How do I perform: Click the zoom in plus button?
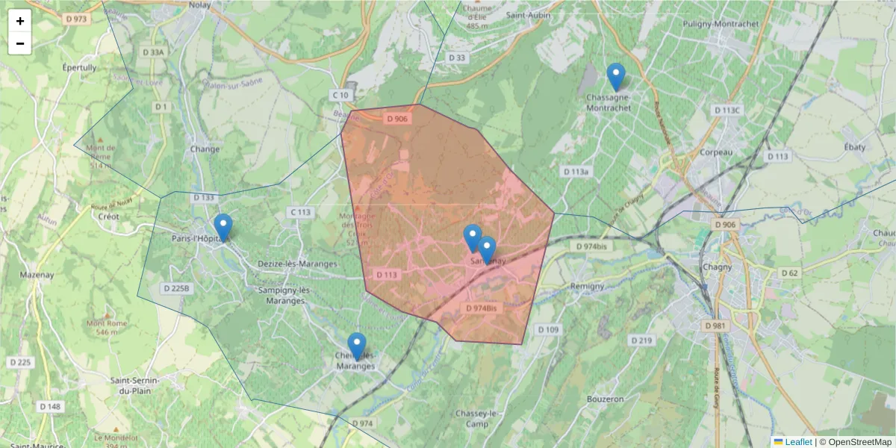[x=20, y=21]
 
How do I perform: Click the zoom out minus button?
[x=20, y=43]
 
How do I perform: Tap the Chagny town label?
[x=718, y=268]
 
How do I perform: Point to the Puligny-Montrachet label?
[x=721, y=24]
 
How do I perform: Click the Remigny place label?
[x=587, y=286]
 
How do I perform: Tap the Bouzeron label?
[x=606, y=399]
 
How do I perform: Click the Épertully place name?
[x=79, y=67]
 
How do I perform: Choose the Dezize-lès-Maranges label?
[x=297, y=264]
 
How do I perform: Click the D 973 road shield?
[x=75, y=19]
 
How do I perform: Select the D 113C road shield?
[x=727, y=111]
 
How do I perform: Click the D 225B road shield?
[x=177, y=288]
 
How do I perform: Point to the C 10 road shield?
[x=340, y=96]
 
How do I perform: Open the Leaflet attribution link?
[x=798, y=442]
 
